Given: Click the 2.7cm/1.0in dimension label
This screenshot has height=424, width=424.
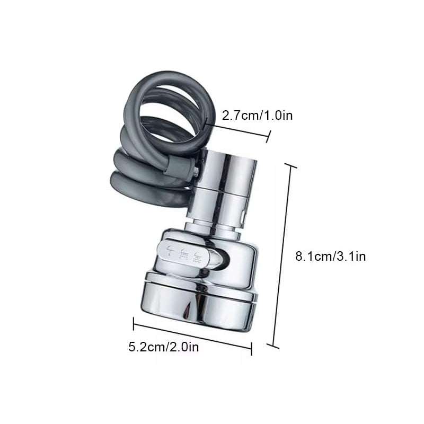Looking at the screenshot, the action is coord(257,116).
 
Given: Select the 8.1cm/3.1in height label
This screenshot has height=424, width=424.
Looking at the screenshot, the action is coord(330,256).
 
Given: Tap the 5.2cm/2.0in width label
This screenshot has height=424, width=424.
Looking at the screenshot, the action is coord(164,347).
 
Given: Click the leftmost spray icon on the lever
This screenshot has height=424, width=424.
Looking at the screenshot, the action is coord(170,251).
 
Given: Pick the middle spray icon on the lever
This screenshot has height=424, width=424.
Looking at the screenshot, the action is coord(184,254).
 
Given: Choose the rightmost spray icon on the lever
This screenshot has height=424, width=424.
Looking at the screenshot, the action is coord(197,257).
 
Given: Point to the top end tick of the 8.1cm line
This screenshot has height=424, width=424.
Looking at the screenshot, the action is coord(290,165).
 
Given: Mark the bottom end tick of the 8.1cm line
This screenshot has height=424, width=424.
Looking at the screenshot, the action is coord(273,346).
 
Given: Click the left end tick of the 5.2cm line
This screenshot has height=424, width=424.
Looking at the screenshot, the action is coord(134,324).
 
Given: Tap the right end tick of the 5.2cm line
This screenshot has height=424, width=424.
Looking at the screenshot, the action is coord(251,349).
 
